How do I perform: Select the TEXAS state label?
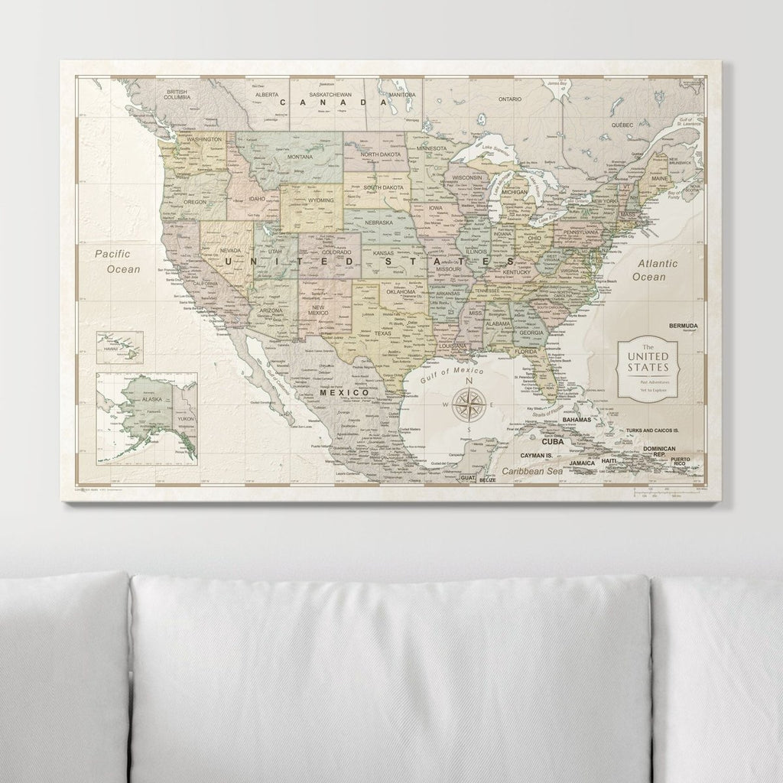[x=382, y=333]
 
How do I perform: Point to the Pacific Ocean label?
[x=112, y=261]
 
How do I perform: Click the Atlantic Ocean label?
[x=654, y=270]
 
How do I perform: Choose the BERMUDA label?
[x=683, y=326]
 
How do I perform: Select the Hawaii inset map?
[x=119, y=347]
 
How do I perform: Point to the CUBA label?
[x=552, y=441]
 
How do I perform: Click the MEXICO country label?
[x=343, y=392]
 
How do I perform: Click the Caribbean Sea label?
[x=533, y=473]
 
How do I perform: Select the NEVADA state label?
[x=230, y=250]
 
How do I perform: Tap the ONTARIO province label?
[x=509, y=99]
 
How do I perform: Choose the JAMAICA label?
[x=583, y=463]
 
